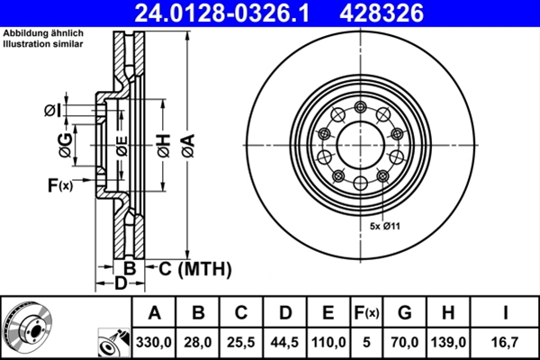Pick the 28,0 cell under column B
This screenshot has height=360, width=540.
point(198,342)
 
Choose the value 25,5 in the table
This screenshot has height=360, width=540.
point(241,342)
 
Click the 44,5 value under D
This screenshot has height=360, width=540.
point(284,342)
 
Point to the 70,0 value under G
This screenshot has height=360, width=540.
point(404,342)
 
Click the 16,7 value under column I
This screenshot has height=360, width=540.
point(508,342)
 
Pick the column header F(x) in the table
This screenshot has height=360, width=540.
point(366,313)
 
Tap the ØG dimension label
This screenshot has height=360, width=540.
point(64,141)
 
